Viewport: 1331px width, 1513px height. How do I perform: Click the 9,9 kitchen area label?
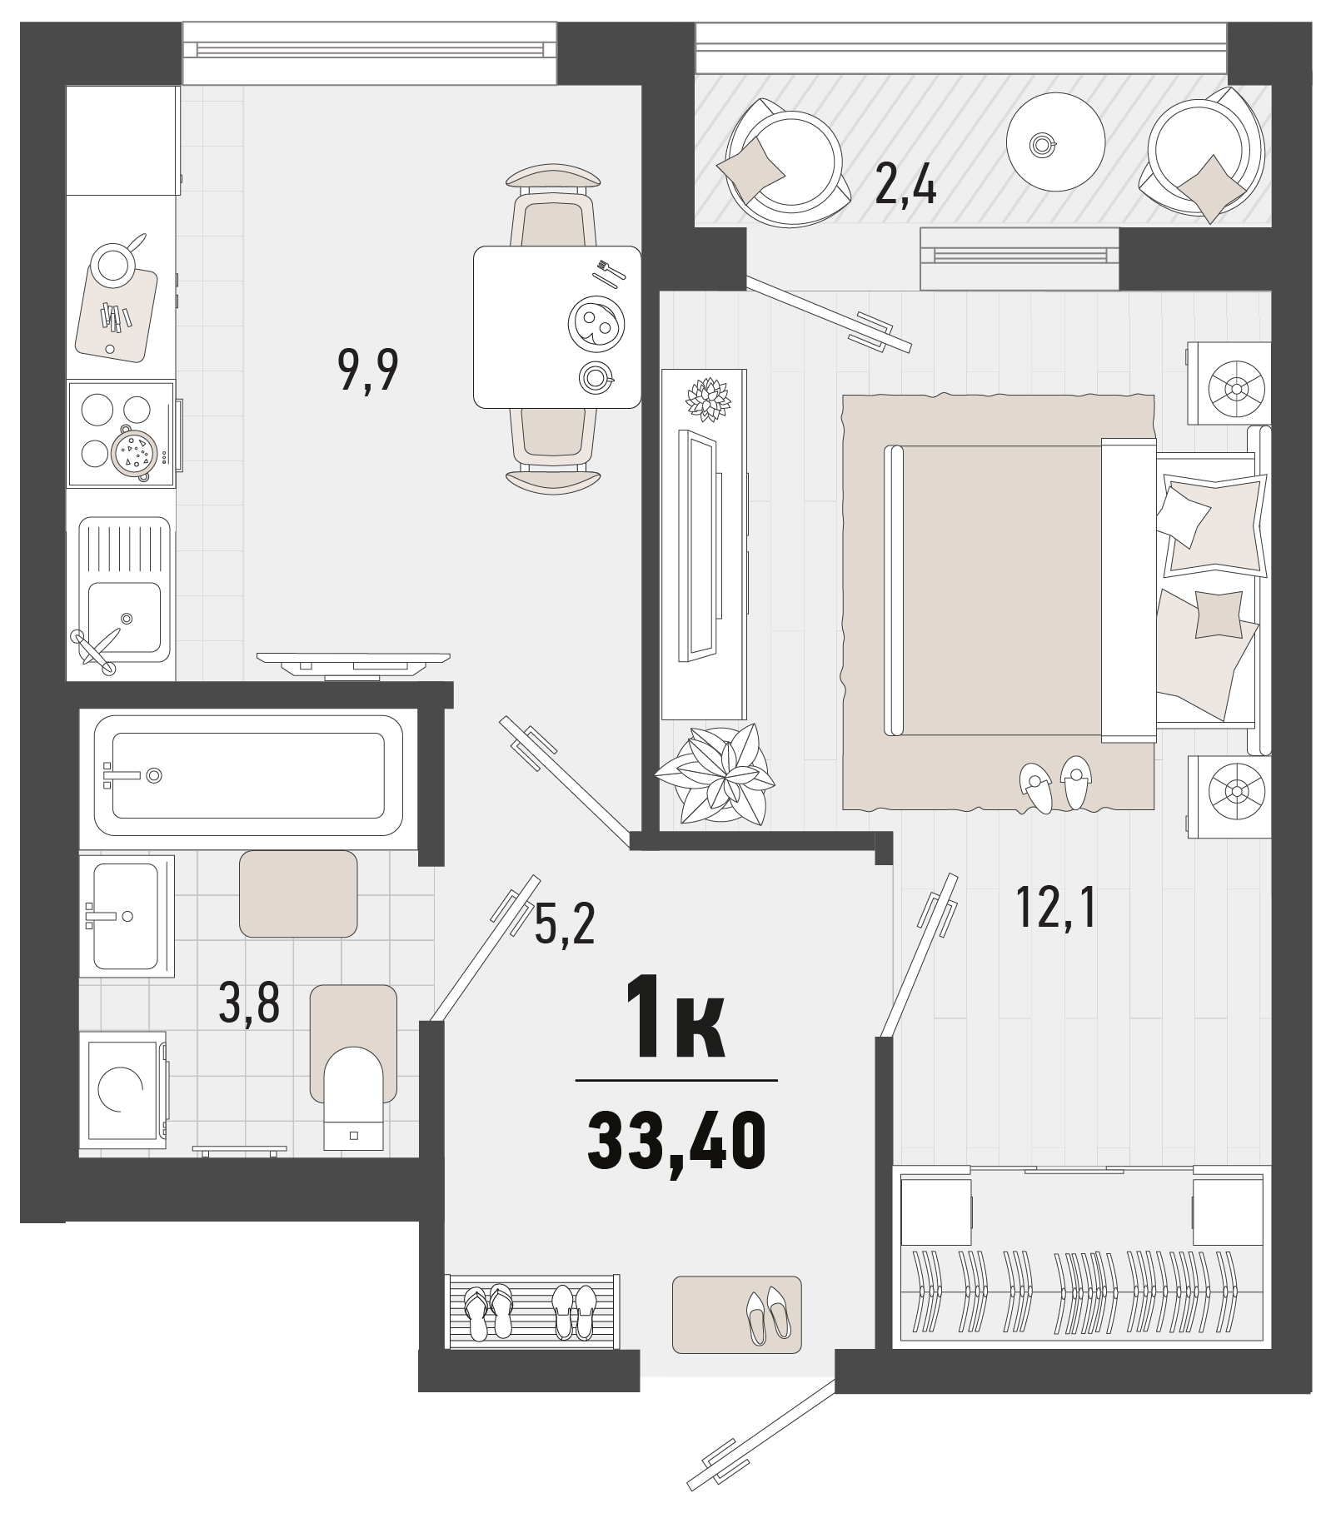tap(368, 370)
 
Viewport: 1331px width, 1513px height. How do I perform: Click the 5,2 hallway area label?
tap(565, 924)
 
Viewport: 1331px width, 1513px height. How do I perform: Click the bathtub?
tap(248, 776)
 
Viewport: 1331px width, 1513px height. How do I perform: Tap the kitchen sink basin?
tap(125, 617)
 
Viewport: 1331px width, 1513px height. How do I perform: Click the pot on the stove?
tap(135, 453)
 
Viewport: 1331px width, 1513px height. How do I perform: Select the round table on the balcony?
tap(1054, 144)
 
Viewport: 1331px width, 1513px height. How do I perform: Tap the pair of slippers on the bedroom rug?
tap(1055, 783)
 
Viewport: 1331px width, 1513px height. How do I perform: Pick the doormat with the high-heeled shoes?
tap(736, 1314)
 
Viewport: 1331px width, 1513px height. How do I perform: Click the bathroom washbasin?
tap(125, 916)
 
